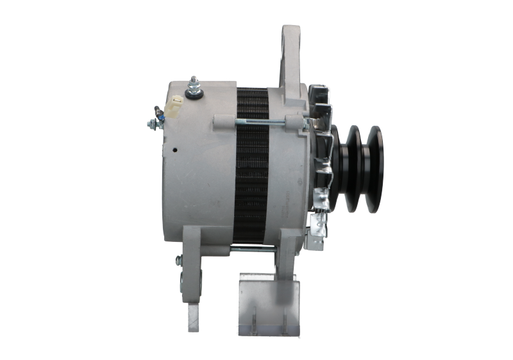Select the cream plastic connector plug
[x=176, y=103]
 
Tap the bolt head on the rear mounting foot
[x=178, y=260]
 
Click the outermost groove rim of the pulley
[x=375, y=169]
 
